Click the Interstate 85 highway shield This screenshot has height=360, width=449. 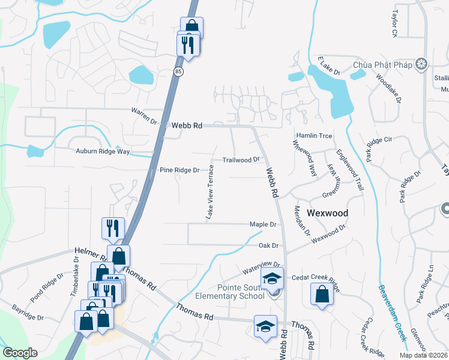coord(179,71)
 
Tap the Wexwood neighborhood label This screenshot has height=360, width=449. coord(328,213)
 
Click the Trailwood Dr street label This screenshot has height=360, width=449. coord(241,160)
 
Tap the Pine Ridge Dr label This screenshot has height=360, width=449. coord(179,170)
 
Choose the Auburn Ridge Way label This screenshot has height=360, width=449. coord(103,151)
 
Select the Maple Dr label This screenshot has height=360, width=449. coord(263,224)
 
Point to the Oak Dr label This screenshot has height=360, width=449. coord(268,245)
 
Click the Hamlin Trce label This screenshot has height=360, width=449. coord(313,136)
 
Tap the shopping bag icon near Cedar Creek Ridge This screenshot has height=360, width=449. coord(322,294)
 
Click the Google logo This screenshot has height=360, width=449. coord(20,353)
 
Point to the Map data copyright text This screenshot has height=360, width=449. coord(423,355)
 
